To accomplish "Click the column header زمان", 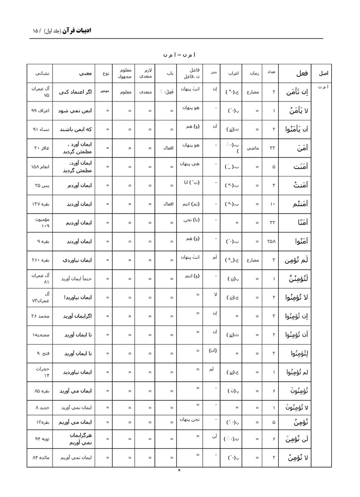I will point(256,73).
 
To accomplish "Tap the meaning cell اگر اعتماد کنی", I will point(78,92).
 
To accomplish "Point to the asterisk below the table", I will point(179,470).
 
